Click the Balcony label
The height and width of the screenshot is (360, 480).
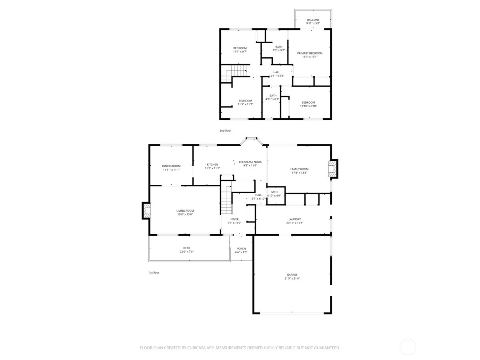click(313, 20)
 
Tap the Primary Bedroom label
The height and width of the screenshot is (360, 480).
click(309, 53)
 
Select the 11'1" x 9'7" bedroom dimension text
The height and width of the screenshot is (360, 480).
click(240, 52)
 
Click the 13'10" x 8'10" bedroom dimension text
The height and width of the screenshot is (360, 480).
click(308, 106)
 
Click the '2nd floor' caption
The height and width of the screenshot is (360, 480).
click(225, 130)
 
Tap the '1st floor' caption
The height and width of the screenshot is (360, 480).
click(154, 272)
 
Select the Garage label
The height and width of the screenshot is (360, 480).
click(292, 275)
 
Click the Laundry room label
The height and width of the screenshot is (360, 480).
click(294, 219)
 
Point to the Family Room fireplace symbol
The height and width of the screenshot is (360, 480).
click(332, 169)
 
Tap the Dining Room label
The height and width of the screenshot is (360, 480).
click(171, 166)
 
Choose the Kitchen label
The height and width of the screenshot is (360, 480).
click(212, 164)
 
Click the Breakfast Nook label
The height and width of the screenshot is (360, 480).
click(250, 162)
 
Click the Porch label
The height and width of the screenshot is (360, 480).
click(241, 248)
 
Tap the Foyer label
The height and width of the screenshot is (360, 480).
click(234, 219)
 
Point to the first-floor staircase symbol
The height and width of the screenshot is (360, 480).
click(227, 202)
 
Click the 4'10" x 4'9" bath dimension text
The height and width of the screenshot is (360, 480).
click(274, 196)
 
